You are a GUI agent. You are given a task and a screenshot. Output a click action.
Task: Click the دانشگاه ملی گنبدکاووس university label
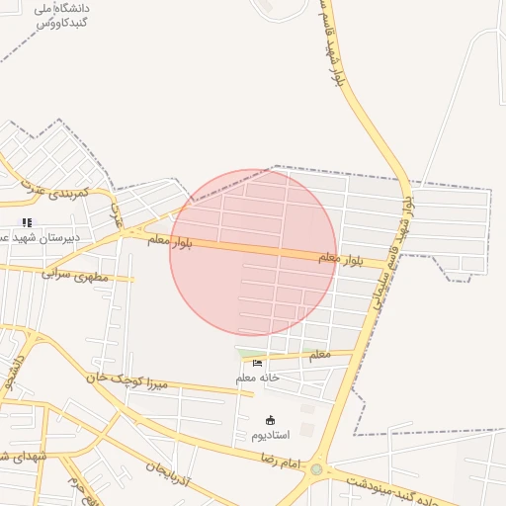click(x=61, y=14)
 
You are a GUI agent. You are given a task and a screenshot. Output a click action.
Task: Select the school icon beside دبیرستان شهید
click(x=27, y=222)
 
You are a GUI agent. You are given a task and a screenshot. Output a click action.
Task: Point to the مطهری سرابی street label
click(x=74, y=274)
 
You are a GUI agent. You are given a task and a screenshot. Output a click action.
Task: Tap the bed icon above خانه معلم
click(x=258, y=363)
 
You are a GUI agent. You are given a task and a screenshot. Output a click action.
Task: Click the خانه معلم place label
click(x=258, y=378)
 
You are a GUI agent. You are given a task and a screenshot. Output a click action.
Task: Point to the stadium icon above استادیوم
click(x=270, y=420)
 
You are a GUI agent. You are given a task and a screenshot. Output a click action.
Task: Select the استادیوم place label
click(x=270, y=435)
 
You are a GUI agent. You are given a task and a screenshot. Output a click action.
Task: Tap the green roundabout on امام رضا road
click(x=316, y=469)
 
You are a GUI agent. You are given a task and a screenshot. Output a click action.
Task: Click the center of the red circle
click(x=253, y=252)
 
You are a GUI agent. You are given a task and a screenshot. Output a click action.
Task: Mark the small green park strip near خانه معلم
click(x=251, y=353)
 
